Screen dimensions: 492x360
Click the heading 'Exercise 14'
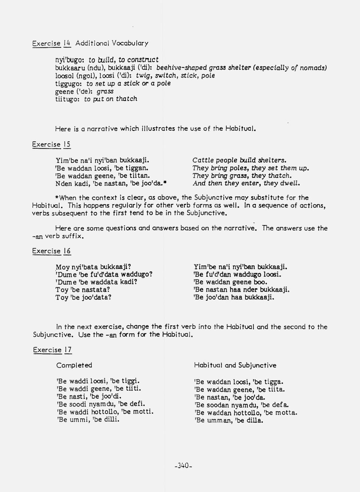51,43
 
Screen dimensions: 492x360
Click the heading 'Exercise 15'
51,144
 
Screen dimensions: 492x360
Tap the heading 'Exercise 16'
51,251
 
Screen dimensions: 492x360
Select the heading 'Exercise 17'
52,350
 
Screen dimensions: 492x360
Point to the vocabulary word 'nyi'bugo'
69,60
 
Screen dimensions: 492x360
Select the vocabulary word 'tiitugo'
67,99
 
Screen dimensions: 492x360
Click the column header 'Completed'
74,365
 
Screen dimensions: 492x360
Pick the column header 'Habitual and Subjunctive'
235,365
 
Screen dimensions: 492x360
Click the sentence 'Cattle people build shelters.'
239,160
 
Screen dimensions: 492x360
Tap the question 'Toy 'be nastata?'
82,290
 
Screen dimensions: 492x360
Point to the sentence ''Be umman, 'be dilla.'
229,420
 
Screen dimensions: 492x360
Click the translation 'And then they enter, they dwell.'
246,184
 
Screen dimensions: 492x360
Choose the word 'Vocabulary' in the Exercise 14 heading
130,43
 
